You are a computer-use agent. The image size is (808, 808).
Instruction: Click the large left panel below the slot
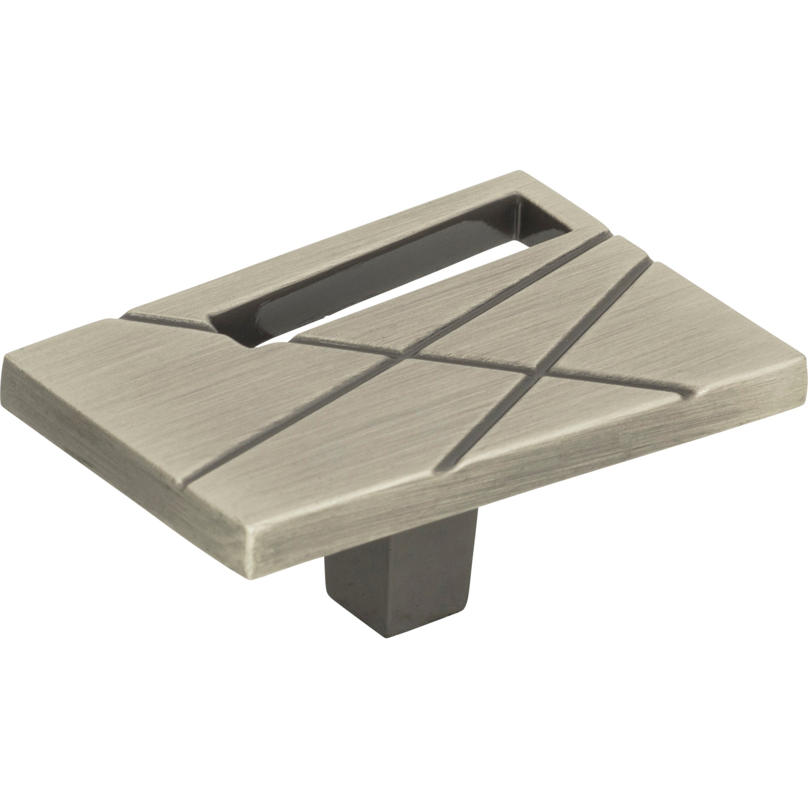(x=209, y=397)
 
